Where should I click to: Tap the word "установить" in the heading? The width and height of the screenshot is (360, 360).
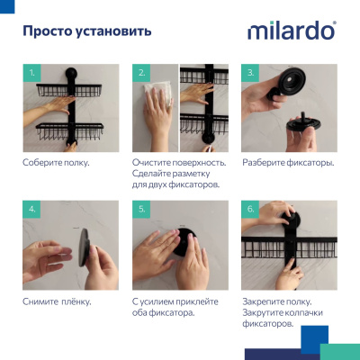coord(113,31)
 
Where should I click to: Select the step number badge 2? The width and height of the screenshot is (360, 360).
coord(141,73)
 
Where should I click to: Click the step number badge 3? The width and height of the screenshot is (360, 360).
coord(251,73)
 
